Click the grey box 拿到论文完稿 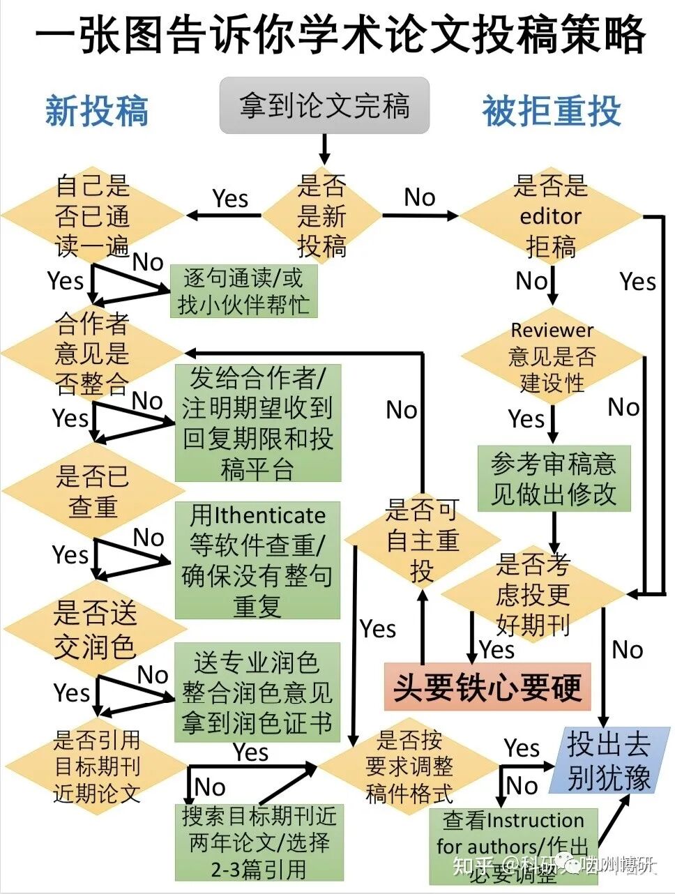(324, 105)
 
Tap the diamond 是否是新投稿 (321, 215)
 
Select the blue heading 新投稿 (97, 110)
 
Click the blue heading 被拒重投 (551, 110)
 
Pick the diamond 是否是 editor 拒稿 (550, 216)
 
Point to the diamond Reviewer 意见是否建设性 (552, 356)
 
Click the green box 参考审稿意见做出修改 (554, 478)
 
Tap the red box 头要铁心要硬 (487, 688)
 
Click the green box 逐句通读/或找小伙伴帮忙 (243, 291)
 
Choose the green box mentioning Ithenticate (257, 560)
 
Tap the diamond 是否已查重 (93, 492)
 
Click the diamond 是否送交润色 (94, 630)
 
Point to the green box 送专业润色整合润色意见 (257, 692)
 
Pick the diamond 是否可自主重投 (422, 540)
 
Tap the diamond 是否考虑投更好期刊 (533, 594)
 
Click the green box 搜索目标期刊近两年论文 (259, 842)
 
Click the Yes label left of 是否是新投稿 (230, 199)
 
